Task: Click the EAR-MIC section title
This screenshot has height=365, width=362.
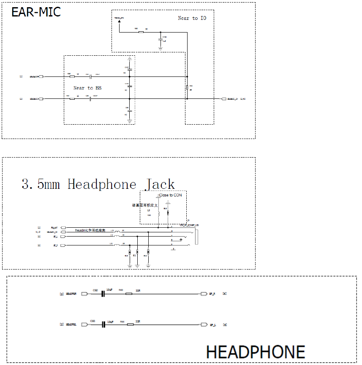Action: coord(36,12)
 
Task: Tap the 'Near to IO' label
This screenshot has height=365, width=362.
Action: coord(192,18)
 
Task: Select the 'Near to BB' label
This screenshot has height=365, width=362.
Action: coord(87,88)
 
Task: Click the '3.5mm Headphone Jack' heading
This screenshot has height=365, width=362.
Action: coord(98,184)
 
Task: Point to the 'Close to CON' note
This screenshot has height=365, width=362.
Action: coord(170,195)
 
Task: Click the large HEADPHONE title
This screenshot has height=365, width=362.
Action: coord(255,352)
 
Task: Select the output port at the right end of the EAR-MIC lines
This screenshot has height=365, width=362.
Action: coord(224,99)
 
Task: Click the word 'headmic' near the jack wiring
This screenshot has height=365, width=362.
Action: coord(82,231)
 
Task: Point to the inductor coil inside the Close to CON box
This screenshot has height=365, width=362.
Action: coord(158,213)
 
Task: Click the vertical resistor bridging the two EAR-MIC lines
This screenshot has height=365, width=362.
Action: coord(187,88)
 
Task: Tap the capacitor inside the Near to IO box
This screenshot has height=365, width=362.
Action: coord(160,38)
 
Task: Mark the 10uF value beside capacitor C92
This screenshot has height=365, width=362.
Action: coord(109,290)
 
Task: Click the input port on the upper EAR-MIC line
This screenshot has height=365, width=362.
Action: coord(41,77)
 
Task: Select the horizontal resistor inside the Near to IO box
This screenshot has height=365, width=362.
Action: coord(141,32)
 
